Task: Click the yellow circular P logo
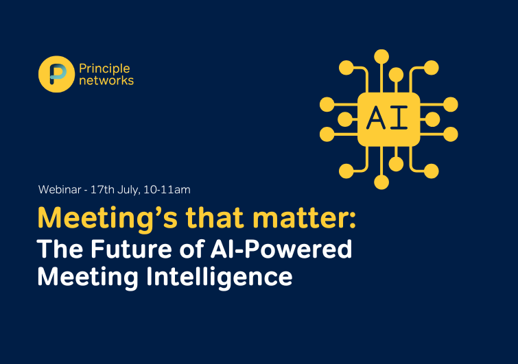click(x=56, y=74)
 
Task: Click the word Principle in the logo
click(x=104, y=69)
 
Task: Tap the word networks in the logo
click(x=106, y=80)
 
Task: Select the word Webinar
click(x=60, y=190)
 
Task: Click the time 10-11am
click(x=167, y=190)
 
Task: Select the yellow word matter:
click(x=304, y=219)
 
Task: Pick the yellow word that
click(x=215, y=218)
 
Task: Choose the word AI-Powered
click(x=281, y=249)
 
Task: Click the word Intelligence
click(x=220, y=278)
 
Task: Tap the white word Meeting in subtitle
click(x=88, y=278)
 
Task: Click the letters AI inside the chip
click(x=387, y=118)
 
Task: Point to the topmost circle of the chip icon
click(x=381, y=57)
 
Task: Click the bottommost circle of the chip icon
click(x=381, y=182)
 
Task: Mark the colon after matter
click(x=353, y=220)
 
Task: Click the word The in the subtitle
click(x=60, y=249)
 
